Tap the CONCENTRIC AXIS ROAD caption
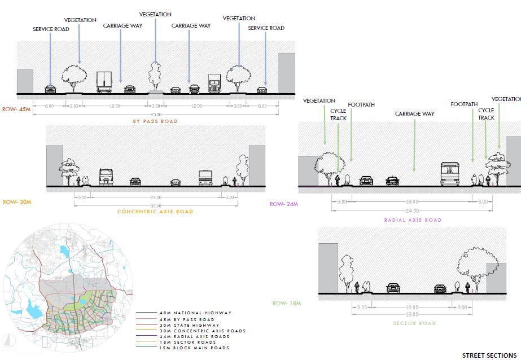[155, 212]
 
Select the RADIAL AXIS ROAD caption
[413, 220]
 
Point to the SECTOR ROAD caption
[414, 323]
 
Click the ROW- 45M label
[17, 109]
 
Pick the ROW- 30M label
[17, 202]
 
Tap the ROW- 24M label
[284, 204]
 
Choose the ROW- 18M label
[287, 304]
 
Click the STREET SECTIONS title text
[489, 355]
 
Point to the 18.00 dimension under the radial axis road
[412, 202]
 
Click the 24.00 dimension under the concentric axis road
[156, 198]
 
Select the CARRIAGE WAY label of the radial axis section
[415, 114]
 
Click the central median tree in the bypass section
[155, 76]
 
